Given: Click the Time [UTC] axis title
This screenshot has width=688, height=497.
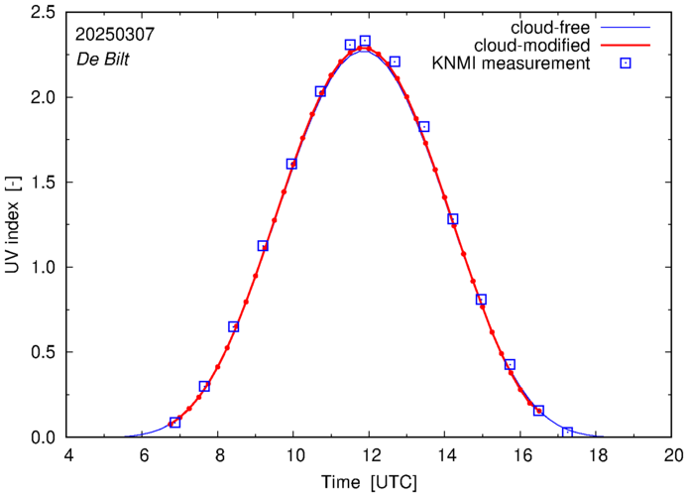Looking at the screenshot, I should tap(369, 483).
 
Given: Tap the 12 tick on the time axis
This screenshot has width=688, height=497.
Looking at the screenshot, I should tap(369, 456).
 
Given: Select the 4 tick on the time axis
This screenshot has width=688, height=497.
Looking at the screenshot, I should tap(67, 456).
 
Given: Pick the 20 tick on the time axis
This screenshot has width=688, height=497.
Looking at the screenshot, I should tap(672, 456).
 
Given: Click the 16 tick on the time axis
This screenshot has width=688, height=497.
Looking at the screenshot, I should tap(520, 456).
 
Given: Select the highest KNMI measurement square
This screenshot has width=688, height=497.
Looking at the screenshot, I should tap(365, 42).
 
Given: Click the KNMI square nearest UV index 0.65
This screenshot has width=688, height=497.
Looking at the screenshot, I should tap(234, 326).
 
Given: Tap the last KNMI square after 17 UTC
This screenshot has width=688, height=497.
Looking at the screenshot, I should tap(567, 433).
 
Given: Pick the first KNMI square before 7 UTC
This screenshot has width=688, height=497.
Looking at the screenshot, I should tap(174, 423).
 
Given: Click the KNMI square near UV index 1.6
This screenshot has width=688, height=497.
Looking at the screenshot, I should tap(291, 164).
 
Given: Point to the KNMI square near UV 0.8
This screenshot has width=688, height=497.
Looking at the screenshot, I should tap(481, 300).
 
